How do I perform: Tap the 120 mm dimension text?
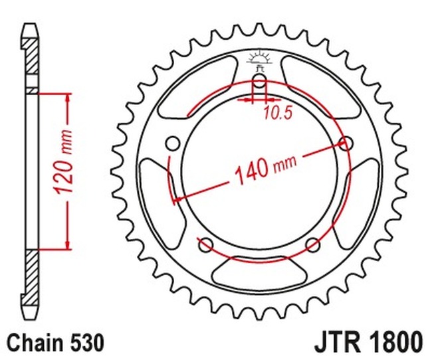(x=64, y=161)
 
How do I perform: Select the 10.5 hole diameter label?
(x=277, y=113)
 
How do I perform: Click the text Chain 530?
(x=55, y=343)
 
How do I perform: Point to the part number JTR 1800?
(x=368, y=342)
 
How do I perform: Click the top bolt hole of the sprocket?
(x=259, y=81)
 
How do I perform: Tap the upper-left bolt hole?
(x=173, y=143)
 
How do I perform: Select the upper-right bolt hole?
(x=346, y=143)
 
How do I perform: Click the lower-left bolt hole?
(x=206, y=245)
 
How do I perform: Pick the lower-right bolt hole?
(x=313, y=245)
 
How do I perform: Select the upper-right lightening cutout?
(x=321, y=87)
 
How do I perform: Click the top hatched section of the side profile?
(x=30, y=56)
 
